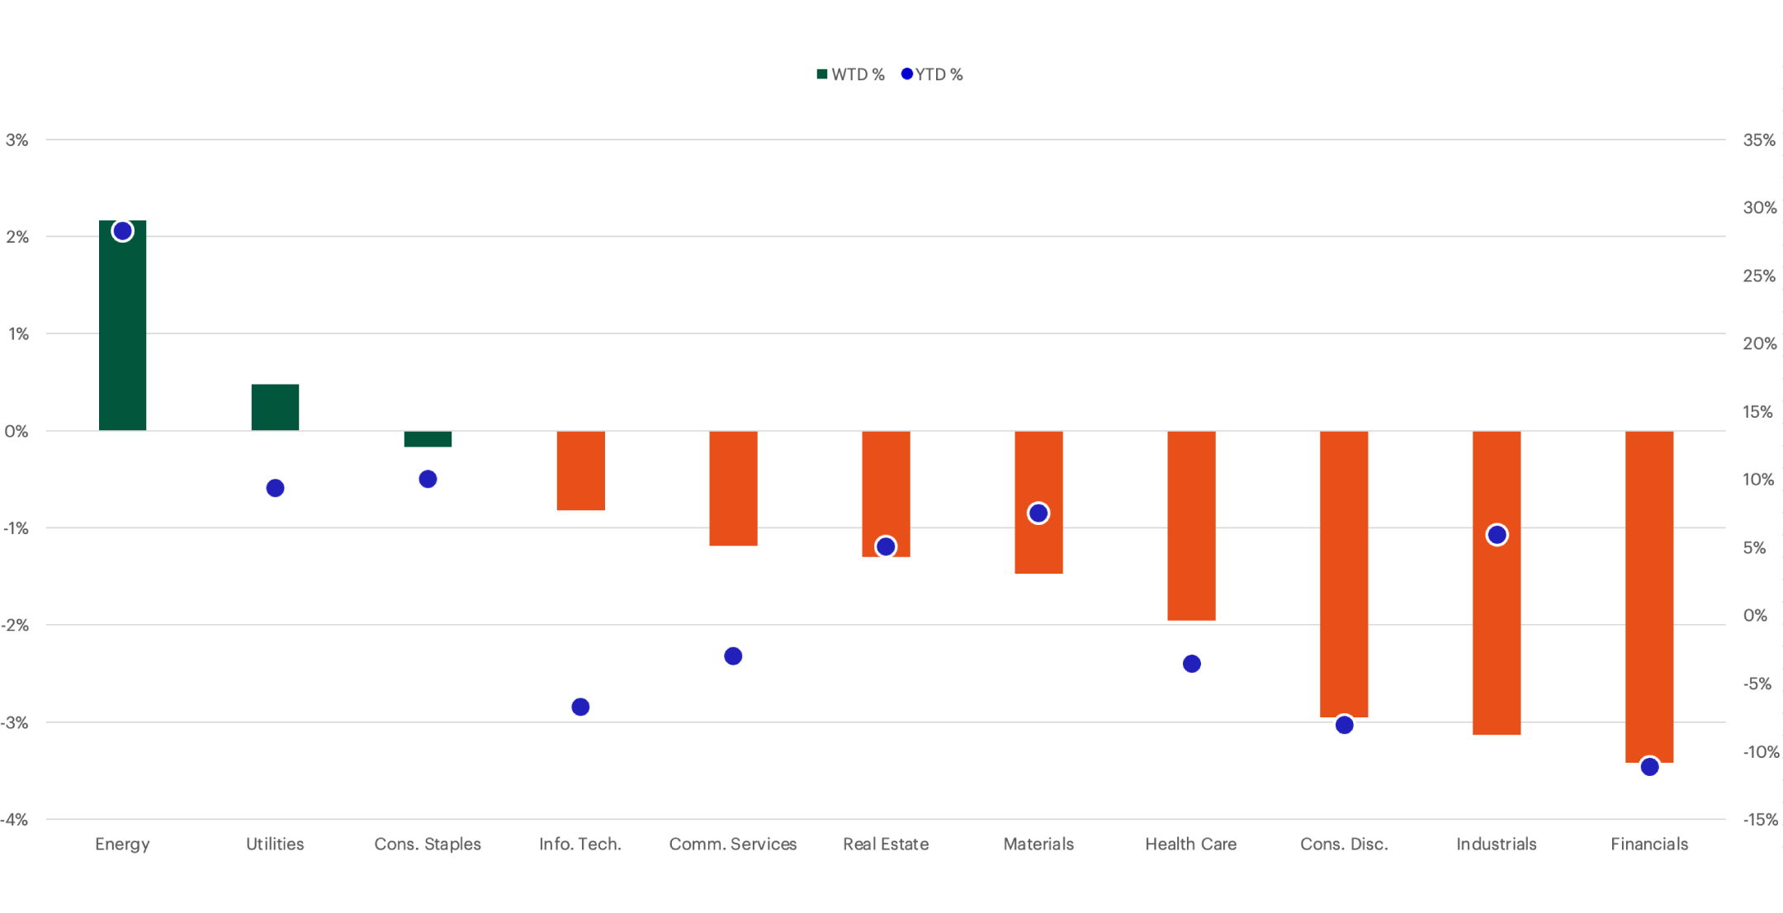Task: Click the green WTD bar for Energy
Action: coord(122,330)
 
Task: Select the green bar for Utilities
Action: coord(275,407)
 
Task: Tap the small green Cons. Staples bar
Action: coord(428,439)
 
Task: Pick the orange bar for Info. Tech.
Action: coord(580,471)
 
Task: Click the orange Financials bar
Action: coord(1648,594)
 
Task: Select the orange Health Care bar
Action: coord(1191,525)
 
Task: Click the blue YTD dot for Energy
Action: coord(122,231)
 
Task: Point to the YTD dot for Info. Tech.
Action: coord(580,707)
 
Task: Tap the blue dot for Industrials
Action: coord(1497,535)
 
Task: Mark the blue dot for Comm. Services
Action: coord(733,656)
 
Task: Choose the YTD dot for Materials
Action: coord(1038,513)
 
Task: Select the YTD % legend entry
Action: coord(932,74)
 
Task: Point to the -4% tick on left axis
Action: coord(15,820)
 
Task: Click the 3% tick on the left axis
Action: coord(17,140)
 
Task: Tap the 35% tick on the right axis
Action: coord(1758,140)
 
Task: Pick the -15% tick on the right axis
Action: coord(1760,820)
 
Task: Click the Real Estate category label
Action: coord(886,844)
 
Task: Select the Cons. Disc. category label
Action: coord(1344,844)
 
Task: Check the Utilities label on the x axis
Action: coord(275,844)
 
